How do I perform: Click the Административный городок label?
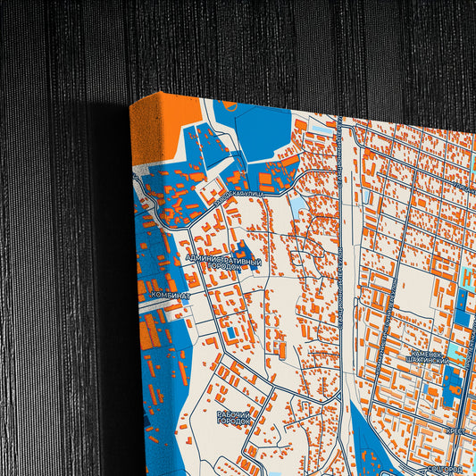tap(223, 263)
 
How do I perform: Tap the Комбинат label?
tap(170, 294)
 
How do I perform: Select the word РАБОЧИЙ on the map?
tap(235, 413)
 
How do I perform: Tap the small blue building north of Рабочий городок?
tap(230, 333)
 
